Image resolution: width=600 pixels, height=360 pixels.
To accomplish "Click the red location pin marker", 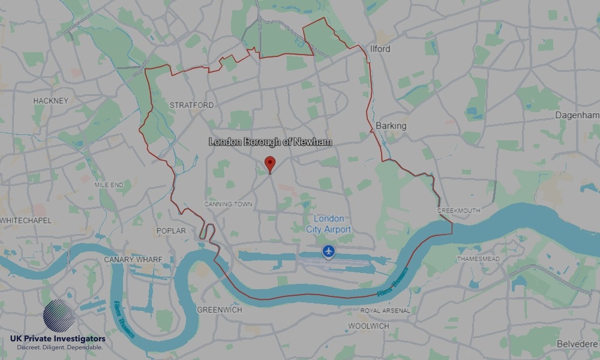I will pyautogui.click(x=270, y=163).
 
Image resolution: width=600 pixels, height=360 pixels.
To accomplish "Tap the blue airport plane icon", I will pyautogui.click(x=328, y=251).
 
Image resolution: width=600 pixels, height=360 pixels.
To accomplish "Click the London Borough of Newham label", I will pyautogui.click(x=270, y=143).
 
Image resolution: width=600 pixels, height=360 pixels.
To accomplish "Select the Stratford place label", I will pyautogui.click(x=191, y=105).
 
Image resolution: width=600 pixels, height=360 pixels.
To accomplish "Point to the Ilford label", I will pyautogui.click(x=380, y=49).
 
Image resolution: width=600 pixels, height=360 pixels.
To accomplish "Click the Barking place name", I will pyautogui.click(x=391, y=126).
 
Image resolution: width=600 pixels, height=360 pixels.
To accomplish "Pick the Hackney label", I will pyautogui.click(x=51, y=100).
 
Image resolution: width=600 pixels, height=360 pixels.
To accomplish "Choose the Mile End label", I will pyautogui.click(x=109, y=185).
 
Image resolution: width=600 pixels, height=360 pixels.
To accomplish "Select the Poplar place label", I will pyautogui.click(x=170, y=231).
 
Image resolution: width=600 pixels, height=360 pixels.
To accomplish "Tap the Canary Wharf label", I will pyautogui.click(x=133, y=259).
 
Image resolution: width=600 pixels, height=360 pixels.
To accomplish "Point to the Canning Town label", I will pyautogui.click(x=228, y=204).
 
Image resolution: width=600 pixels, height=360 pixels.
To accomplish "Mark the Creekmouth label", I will pyautogui.click(x=458, y=211).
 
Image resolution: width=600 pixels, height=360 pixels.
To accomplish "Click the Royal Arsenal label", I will pyautogui.click(x=385, y=311).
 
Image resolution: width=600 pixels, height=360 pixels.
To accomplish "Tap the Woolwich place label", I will pyautogui.click(x=368, y=326).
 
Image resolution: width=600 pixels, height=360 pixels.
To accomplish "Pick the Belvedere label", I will pyautogui.click(x=577, y=344).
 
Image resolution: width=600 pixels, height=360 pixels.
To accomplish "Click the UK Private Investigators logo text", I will pyautogui.click(x=58, y=340).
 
